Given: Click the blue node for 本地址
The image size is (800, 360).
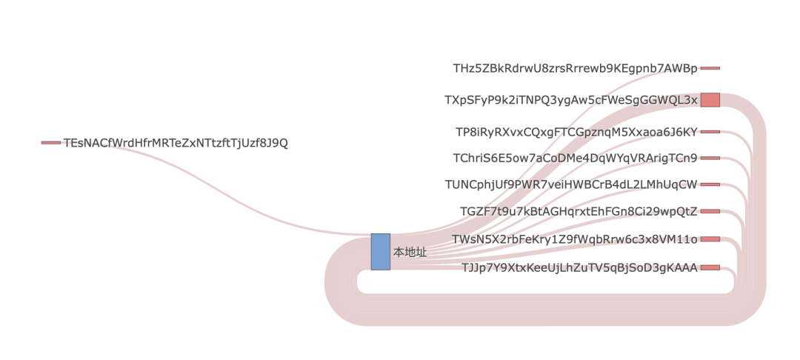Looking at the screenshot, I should pyautogui.click(x=380, y=252).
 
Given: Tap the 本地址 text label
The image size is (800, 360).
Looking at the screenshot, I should pyautogui.click(x=410, y=253).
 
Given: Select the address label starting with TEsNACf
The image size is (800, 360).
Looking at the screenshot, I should pyautogui.click(x=176, y=143).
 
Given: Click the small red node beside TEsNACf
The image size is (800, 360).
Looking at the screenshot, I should pyautogui.click(x=51, y=143).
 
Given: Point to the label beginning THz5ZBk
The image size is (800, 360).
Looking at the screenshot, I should pyautogui.click(x=575, y=68).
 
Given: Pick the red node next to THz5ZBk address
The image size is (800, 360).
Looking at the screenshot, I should pyautogui.click(x=710, y=68).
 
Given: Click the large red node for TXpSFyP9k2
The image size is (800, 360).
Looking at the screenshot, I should pyautogui.click(x=710, y=100).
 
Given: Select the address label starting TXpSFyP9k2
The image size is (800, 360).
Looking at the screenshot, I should pyautogui.click(x=570, y=100).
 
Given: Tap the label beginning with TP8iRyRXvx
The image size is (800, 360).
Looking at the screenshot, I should pyautogui.click(x=576, y=132).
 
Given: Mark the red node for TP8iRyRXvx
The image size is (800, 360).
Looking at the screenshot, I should pyautogui.click(x=710, y=132).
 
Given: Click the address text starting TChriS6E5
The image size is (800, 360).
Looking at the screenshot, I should pyautogui.click(x=575, y=158).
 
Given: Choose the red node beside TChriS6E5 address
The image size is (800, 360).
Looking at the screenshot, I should pyautogui.click(x=710, y=158).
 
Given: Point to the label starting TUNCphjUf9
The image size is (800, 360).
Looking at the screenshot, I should pyautogui.click(x=571, y=184).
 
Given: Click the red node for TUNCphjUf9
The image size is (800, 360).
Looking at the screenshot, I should pyautogui.click(x=710, y=184).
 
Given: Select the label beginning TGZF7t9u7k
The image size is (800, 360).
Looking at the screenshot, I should pyautogui.click(x=579, y=211).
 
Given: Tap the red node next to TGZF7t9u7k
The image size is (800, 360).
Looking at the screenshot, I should pyautogui.click(x=710, y=211).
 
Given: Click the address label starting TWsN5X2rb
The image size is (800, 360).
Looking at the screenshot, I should pyautogui.click(x=575, y=239).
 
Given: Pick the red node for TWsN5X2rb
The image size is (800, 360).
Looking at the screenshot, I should pyautogui.click(x=710, y=239).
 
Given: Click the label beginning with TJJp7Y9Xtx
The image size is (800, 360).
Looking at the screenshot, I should pyautogui.click(x=579, y=267).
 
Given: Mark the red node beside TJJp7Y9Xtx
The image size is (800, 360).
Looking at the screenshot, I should pyautogui.click(x=710, y=267).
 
